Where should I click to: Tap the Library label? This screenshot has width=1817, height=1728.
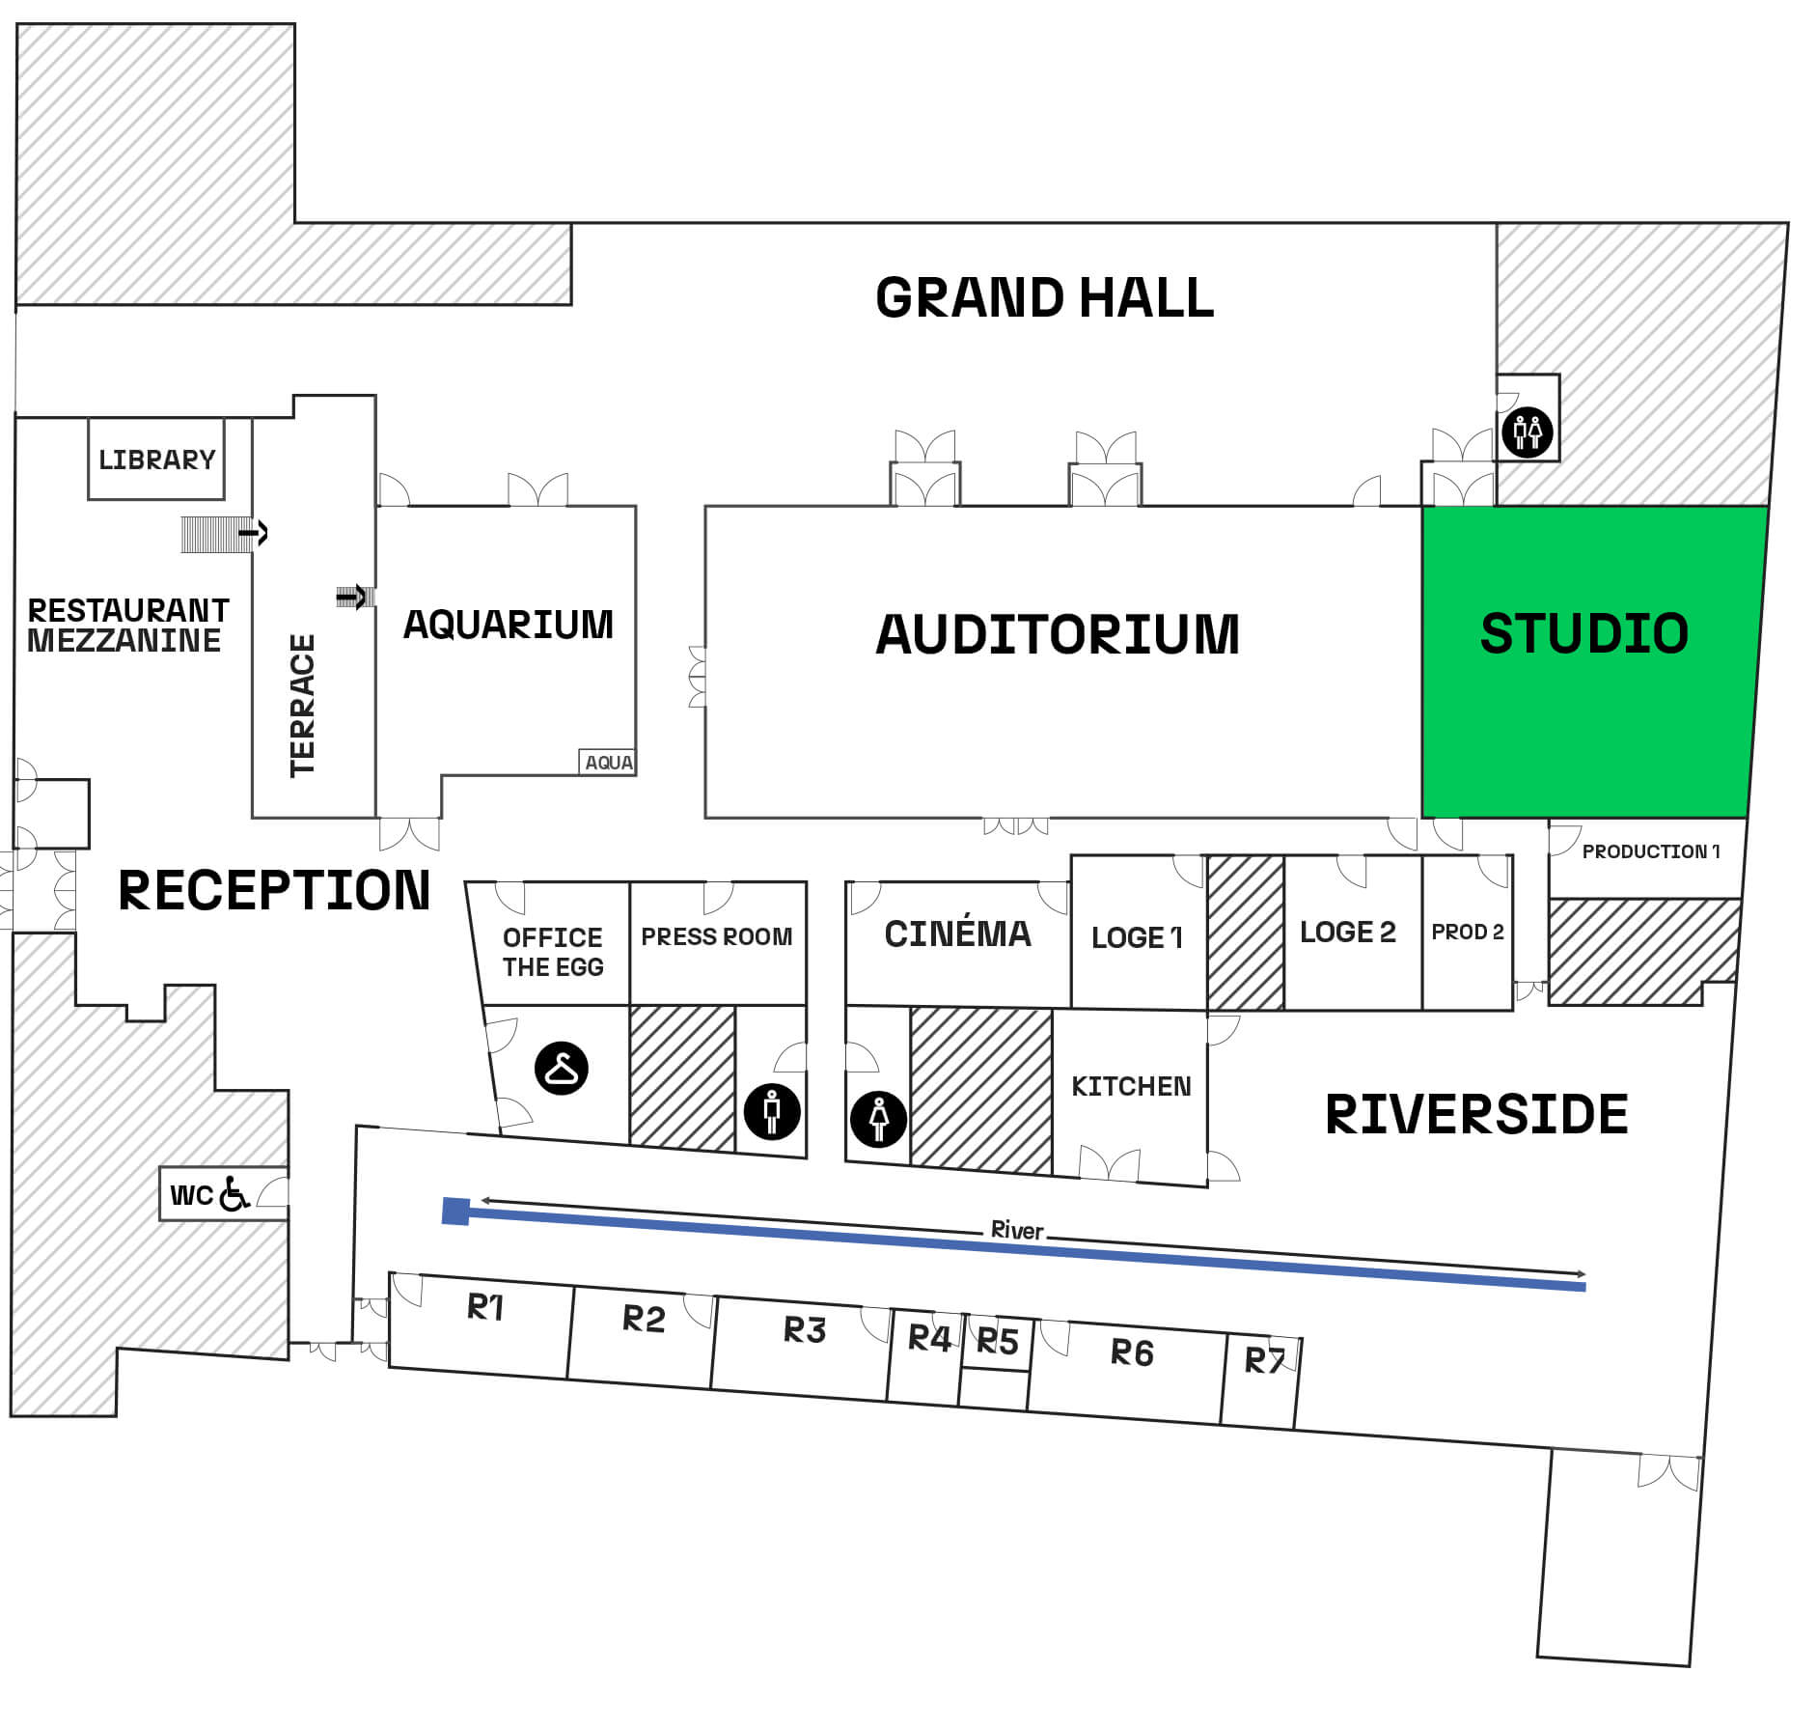(156, 460)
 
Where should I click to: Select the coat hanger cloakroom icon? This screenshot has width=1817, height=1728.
(562, 1068)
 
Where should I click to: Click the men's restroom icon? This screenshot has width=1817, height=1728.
(772, 1111)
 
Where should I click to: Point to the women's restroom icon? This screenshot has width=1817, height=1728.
(878, 1119)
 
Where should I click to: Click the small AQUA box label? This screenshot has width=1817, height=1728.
(608, 763)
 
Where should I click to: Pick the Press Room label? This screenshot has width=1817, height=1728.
(716, 936)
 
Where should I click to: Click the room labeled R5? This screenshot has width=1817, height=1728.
(997, 1342)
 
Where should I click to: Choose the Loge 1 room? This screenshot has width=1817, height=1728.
(1137, 937)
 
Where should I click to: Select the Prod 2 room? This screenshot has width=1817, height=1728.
(1467, 932)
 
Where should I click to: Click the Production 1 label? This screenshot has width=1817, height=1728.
(1650, 851)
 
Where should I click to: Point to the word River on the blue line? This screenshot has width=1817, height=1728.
(1017, 1231)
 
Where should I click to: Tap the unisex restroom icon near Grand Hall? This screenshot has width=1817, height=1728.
(1527, 432)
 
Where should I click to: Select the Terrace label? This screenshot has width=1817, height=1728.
(302, 705)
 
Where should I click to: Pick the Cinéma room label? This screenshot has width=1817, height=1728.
(957, 934)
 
